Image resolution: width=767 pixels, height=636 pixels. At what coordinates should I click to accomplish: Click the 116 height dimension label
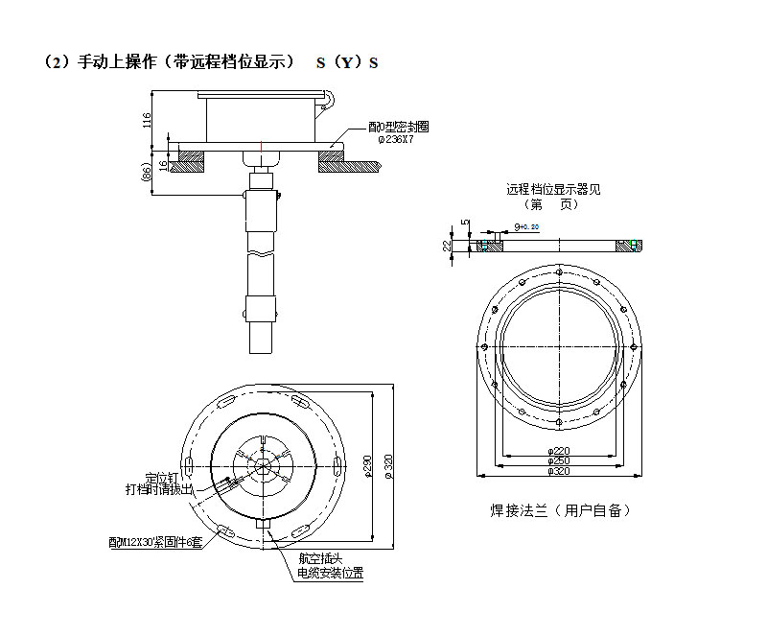tap(147, 120)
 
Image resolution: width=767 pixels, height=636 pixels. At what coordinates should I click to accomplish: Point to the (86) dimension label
tap(147, 173)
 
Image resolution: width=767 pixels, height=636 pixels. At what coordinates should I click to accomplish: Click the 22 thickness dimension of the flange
tap(448, 246)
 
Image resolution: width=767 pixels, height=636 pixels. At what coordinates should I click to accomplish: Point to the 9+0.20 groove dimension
tap(525, 226)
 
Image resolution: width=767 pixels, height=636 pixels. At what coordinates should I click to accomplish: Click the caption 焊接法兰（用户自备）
tap(560, 510)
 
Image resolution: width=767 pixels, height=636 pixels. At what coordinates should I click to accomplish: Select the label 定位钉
tap(162, 477)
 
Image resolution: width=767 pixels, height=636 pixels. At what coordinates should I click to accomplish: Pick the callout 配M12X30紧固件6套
tap(156, 543)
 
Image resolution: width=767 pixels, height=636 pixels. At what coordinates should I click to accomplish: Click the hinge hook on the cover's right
tap(328, 97)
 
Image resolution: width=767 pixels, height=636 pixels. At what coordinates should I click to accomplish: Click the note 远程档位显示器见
tap(553, 189)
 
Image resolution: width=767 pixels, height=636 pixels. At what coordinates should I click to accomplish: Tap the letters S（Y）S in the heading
tap(347, 63)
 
